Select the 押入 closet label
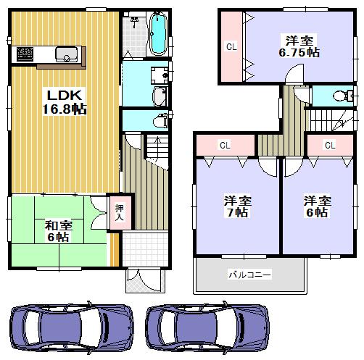[x=119, y=211]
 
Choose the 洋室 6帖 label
[x=315, y=206]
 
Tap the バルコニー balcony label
[x=249, y=275]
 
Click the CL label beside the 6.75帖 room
[x=231, y=47]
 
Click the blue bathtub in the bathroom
[x=158, y=34]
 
